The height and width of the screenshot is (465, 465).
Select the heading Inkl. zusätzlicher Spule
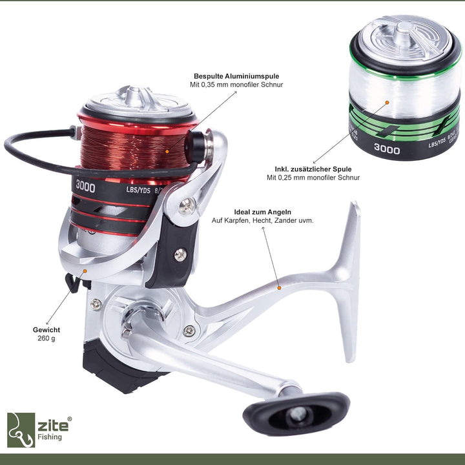pyautogui.click(x=313, y=169)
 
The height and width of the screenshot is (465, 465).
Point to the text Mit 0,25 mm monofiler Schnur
pyautogui.click(x=313, y=178)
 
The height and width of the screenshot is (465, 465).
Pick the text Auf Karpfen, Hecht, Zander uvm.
pyautogui.click(x=262, y=221)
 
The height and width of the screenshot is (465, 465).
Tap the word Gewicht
pyautogui.click(x=46, y=329)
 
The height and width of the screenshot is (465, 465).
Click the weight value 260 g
pyautogui.click(x=46, y=338)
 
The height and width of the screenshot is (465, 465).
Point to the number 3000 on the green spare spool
pyautogui.click(x=387, y=150)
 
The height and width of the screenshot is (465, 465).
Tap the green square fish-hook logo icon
pyautogui.click(x=21, y=429)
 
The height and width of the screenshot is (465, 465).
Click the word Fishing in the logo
pyautogui.click(x=50, y=437)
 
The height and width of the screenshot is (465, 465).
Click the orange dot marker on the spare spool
pyautogui.click(x=386, y=101)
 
